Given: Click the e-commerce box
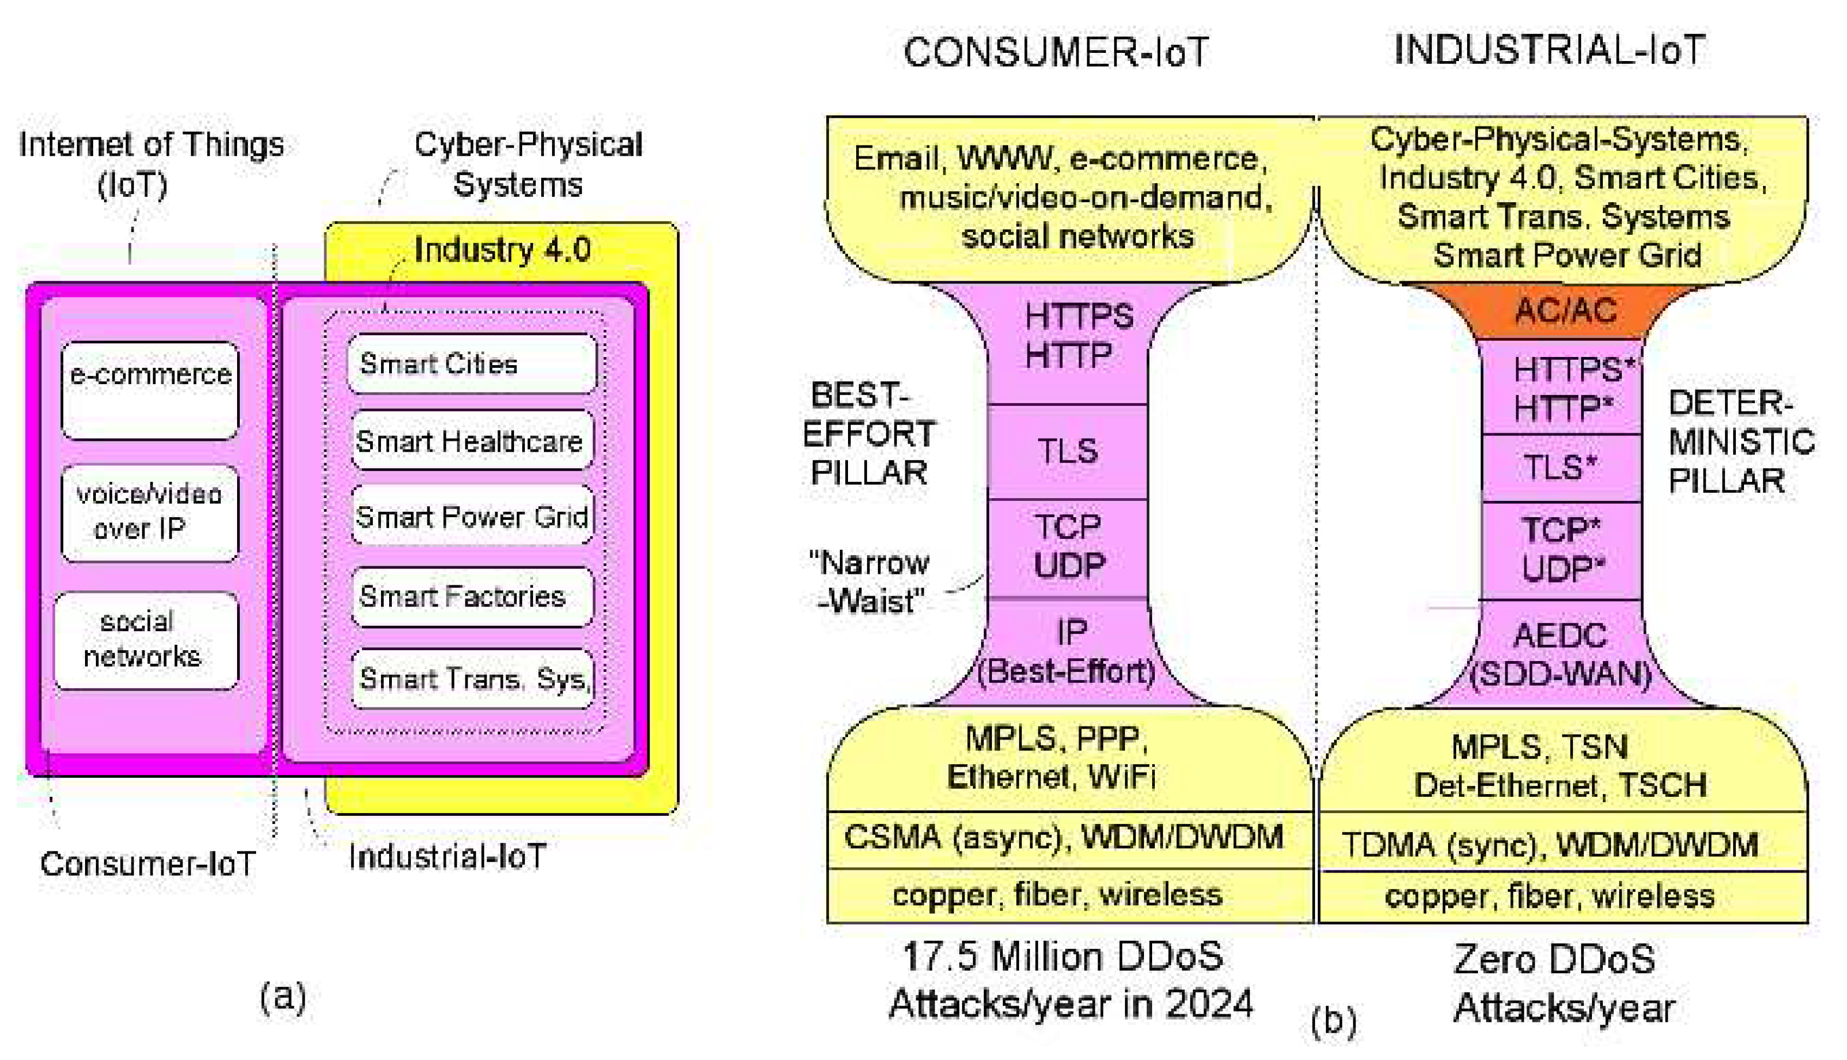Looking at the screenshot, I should point(150,390).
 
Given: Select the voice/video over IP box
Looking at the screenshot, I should point(150,512).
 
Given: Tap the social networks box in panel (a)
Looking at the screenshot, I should point(146,639).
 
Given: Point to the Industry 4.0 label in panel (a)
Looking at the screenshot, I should point(502,250).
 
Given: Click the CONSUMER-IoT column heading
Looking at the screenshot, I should point(1056,52).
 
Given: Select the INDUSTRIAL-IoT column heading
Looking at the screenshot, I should point(1549,50).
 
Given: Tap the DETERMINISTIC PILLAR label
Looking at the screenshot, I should point(1740,442).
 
